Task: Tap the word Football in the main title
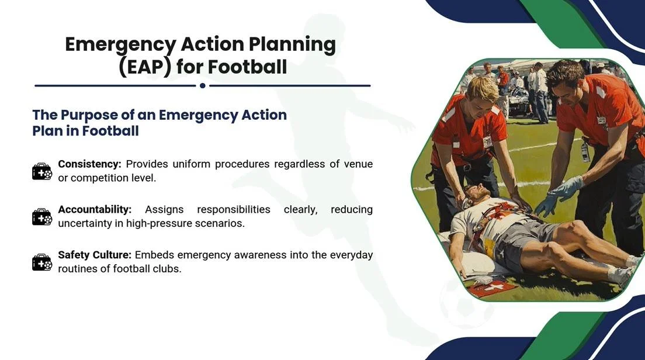(x=248, y=67)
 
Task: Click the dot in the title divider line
(x=202, y=85)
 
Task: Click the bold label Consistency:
(x=90, y=164)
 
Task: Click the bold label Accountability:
(x=95, y=209)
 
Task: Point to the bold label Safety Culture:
(x=95, y=255)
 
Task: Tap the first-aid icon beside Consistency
(x=42, y=171)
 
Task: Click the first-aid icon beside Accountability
(x=42, y=217)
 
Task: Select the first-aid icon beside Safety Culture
(x=42, y=262)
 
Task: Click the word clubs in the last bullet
(x=167, y=269)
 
